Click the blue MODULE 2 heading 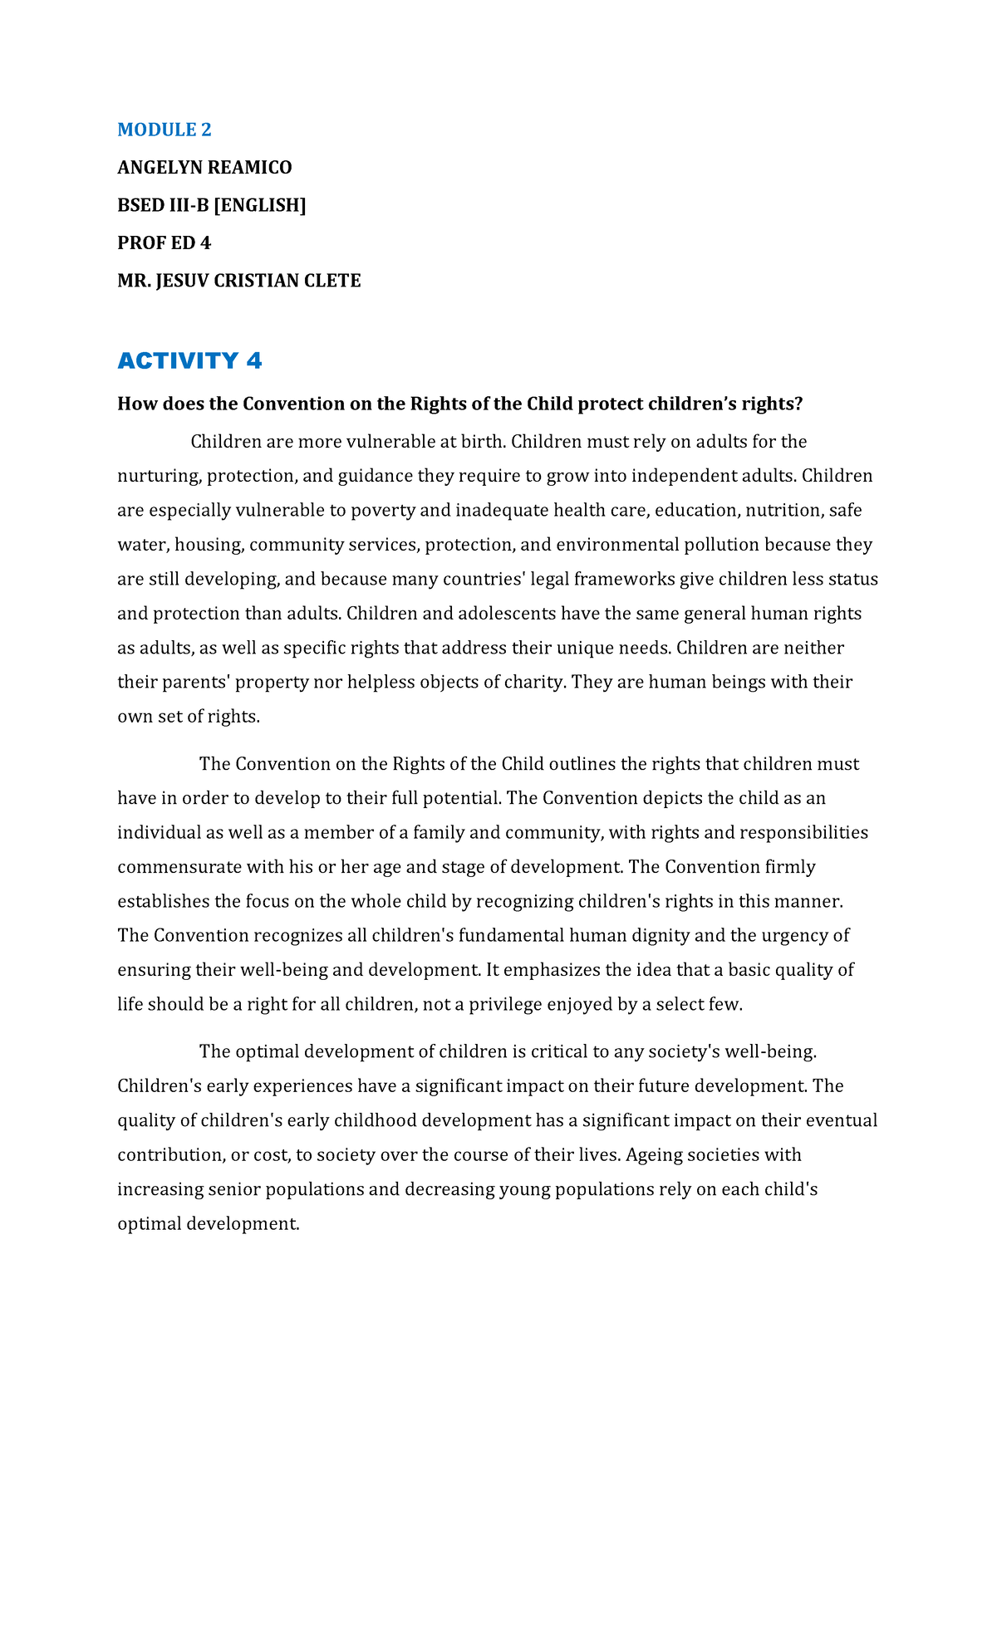click(x=165, y=130)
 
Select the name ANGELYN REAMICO click(x=204, y=168)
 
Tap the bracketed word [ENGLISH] click(x=260, y=205)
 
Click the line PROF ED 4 click(x=164, y=243)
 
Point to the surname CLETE click(x=333, y=281)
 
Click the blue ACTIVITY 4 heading click(x=189, y=360)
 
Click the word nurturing click(x=158, y=476)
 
